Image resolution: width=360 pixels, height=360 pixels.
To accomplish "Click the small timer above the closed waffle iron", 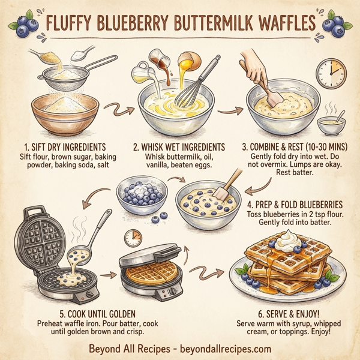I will click(133, 238).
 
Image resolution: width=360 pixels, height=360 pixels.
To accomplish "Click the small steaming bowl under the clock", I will click(330, 125).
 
